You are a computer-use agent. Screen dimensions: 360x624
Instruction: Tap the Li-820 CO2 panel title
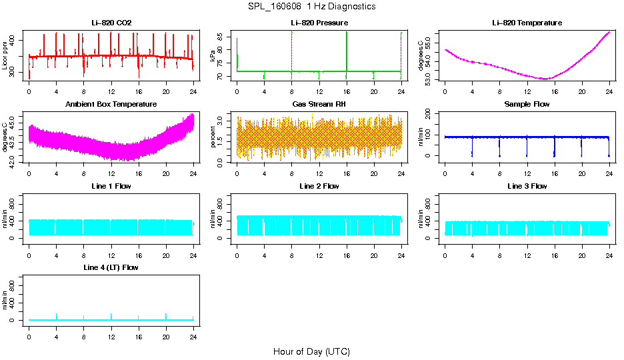[111, 23]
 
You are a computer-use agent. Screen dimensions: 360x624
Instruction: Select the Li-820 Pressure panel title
[319, 23]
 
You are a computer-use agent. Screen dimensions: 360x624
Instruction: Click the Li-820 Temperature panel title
[527, 23]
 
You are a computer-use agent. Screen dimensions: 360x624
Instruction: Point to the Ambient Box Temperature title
[111, 105]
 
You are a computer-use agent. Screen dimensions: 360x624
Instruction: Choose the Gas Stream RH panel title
[319, 105]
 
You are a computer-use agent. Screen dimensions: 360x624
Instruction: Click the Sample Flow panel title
[527, 105]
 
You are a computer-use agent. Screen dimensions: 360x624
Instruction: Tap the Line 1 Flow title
[111, 186]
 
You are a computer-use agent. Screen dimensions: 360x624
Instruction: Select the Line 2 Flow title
[319, 186]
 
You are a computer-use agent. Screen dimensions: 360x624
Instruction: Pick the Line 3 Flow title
[527, 186]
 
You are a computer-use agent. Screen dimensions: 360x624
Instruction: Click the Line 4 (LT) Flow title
[111, 267]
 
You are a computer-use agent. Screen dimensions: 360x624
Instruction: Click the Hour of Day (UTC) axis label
[311, 351]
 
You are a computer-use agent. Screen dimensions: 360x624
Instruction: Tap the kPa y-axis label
[213, 56]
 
